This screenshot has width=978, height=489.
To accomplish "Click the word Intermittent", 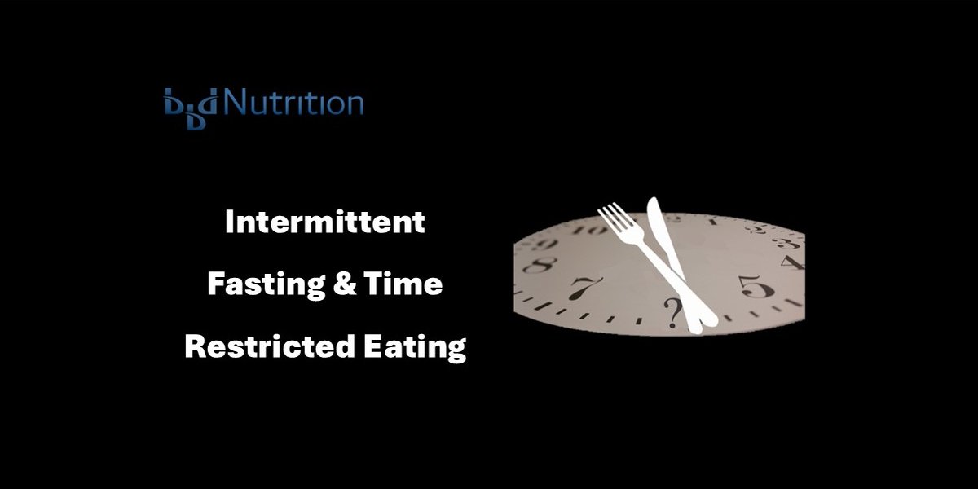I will click(x=324, y=222).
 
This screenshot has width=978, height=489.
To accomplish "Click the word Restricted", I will click(x=259, y=346).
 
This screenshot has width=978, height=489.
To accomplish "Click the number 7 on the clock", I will click(x=584, y=288).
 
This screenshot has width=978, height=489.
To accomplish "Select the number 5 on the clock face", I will click(x=751, y=287).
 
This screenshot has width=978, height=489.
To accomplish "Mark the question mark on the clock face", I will click(x=672, y=311).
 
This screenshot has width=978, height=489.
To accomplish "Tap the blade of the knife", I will click(x=660, y=228).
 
